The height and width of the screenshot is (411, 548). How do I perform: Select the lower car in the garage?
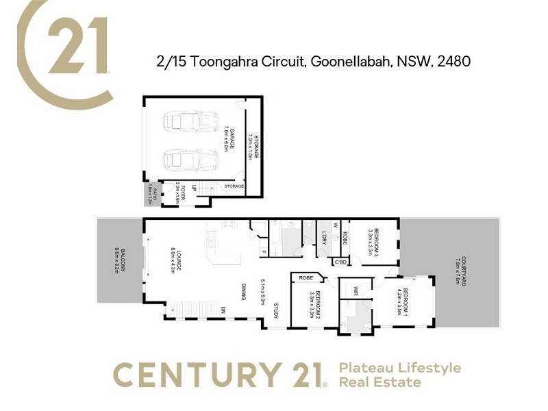click(x=182, y=161)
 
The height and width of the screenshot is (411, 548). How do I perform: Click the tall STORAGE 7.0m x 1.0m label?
click(x=254, y=147)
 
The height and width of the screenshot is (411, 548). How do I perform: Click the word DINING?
click(x=243, y=292)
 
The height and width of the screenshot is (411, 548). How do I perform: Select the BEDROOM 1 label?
click(x=405, y=302)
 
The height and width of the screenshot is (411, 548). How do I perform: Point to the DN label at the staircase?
click(x=223, y=310)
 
